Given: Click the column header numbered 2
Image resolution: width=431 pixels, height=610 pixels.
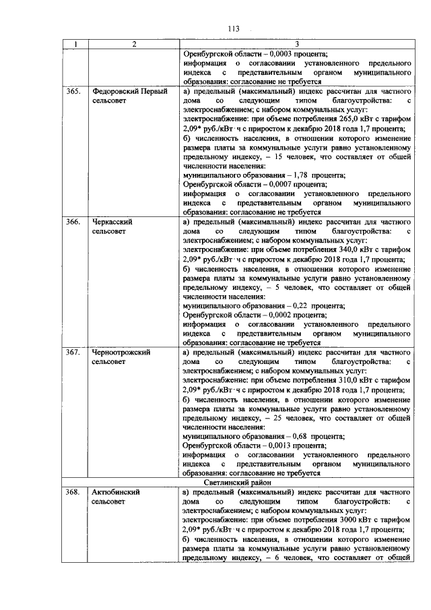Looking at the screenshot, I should click(x=133, y=44).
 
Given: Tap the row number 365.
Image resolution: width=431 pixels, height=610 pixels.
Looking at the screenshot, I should click(x=74, y=91).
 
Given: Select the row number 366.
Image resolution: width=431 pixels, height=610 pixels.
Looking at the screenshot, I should click(x=74, y=221).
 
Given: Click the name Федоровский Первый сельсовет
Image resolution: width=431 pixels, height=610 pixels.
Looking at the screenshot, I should click(x=129, y=96).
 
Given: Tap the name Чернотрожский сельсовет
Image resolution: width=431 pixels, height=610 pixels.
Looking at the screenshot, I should click(x=121, y=357).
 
